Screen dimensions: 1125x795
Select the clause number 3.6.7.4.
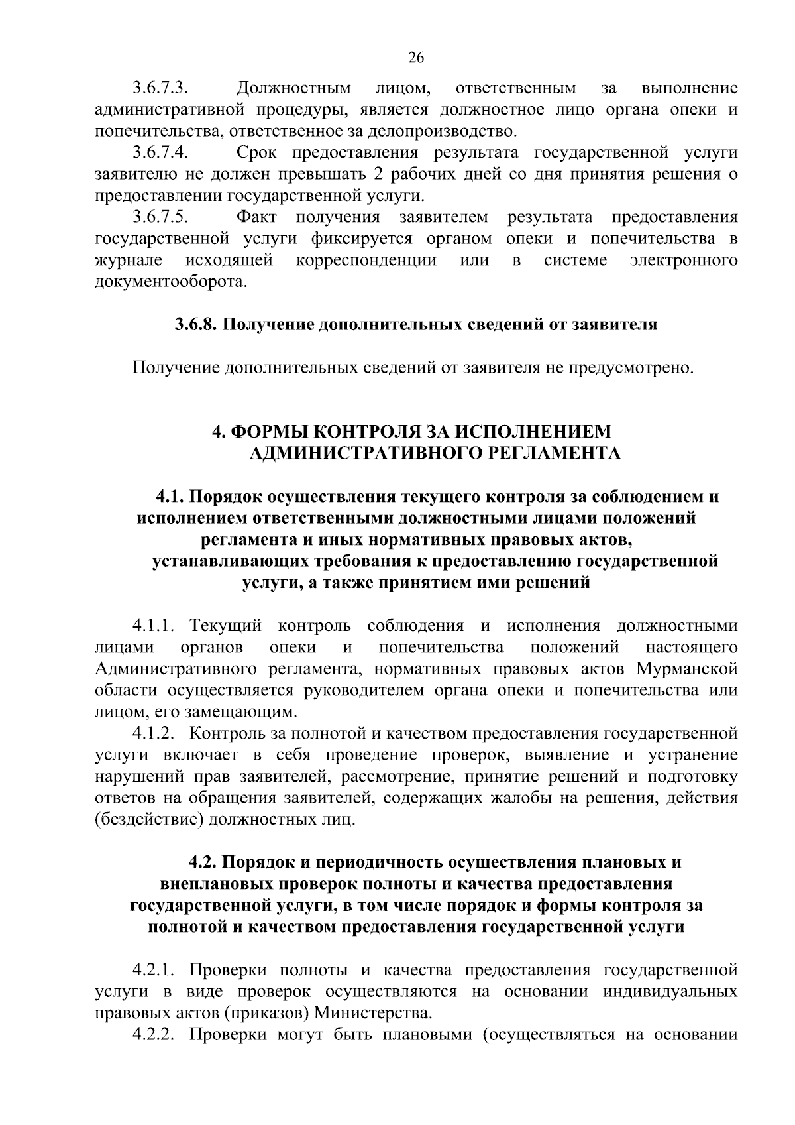[162, 153]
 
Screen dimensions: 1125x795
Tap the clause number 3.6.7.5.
[162, 217]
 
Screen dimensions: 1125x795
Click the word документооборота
[171, 282]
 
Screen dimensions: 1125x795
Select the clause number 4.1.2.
[153, 734]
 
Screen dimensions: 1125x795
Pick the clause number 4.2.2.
[153, 1036]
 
